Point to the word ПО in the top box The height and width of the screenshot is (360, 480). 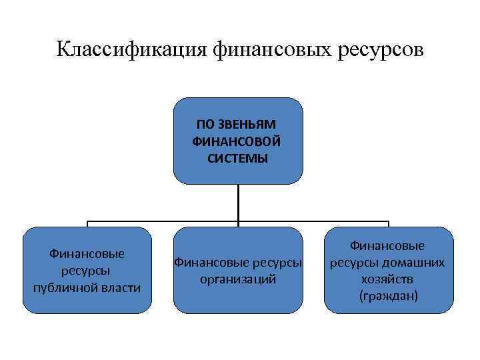click(204, 124)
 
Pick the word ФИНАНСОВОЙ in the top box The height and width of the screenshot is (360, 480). click(237, 141)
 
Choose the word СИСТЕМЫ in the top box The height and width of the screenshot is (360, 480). click(238, 159)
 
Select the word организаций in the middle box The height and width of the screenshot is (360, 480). click(238, 279)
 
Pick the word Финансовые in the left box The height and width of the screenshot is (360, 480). click(87, 254)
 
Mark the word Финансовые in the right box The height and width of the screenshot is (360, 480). click(388, 245)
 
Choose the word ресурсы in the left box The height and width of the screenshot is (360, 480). click(87, 271)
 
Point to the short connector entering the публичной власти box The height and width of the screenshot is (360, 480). click(87, 224)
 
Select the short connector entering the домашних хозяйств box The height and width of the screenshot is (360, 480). click(388, 224)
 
